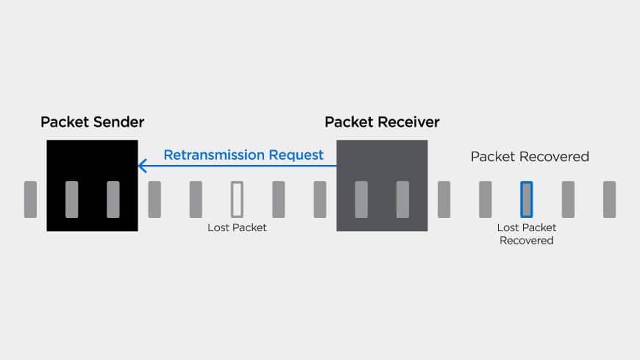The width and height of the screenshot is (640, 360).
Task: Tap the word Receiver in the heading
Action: pyautogui.click(x=410, y=121)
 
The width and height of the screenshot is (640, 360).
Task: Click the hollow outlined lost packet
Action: pyautogui.click(x=237, y=199)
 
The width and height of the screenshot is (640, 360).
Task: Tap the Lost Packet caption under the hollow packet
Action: pyautogui.click(x=237, y=228)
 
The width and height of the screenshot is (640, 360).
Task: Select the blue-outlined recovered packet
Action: pyautogui.click(x=527, y=199)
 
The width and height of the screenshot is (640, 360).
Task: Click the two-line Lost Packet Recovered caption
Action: pyautogui.click(x=527, y=234)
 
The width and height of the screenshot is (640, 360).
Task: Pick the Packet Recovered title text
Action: pyautogui.click(x=530, y=157)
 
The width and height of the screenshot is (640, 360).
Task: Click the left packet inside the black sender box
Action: pyautogui.click(x=71, y=199)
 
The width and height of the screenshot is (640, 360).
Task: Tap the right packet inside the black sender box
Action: pyautogui.click(x=113, y=199)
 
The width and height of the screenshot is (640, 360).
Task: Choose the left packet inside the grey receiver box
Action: pyautogui.click(x=361, y=199)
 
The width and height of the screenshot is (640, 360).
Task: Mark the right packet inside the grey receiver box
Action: pyautogui.click(x=402, y=199)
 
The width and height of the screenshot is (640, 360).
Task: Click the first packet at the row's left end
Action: pyautogui.click(x=30, y=199)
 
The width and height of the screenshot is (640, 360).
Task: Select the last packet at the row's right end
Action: pyautogui.click(x=609, y=199)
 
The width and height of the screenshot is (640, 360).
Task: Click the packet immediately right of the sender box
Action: pyautogui.click(x=154, y=199)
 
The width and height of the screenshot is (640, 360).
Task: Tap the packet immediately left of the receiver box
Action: pyautogui.click(x=320, y=199)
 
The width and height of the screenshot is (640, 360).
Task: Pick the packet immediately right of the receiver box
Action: pyautogui.click(x=444, y=199)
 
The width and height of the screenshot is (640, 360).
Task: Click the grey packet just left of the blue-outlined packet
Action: pyautogui.click(x=486, y=199)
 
